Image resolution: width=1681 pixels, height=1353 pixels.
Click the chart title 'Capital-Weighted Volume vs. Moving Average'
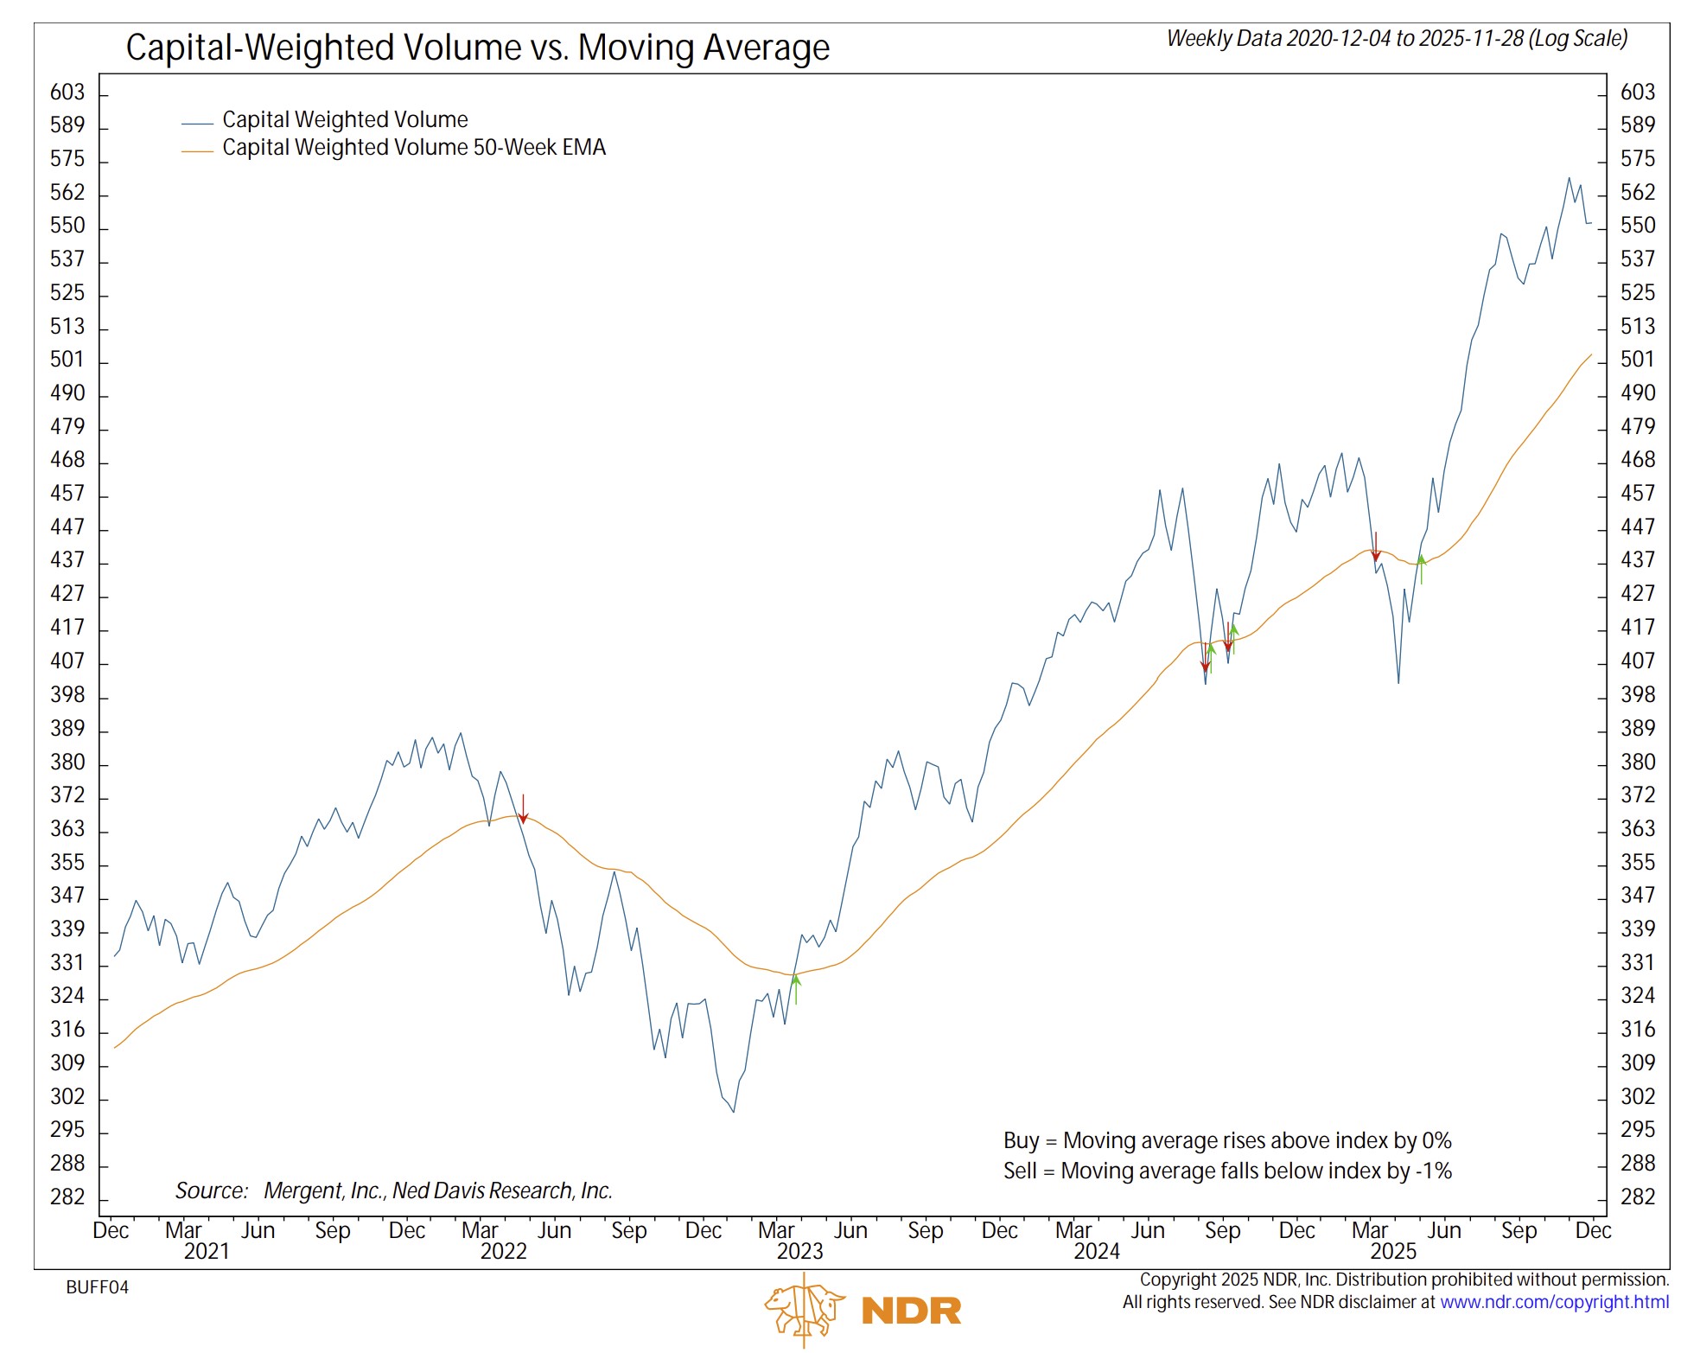pos(477,48)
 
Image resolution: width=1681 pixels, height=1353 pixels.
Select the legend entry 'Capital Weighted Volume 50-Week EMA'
pos(413,148)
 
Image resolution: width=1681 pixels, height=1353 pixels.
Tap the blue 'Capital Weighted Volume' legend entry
pos(344,119)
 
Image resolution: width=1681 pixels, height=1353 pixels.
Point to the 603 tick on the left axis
pos(67,93)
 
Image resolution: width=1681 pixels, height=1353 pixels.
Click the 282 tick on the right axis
pos(1637,1197)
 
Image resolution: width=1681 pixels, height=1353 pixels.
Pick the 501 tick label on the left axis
pos(67,360)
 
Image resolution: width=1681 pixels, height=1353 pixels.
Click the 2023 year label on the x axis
pos(799,1252)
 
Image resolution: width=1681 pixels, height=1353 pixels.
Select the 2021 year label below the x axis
pos(207,1252)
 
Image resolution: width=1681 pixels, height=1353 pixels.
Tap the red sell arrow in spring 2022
pos(523,809)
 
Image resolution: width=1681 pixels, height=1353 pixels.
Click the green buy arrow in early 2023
pos(796,988)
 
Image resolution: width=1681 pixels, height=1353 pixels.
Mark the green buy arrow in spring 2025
pos(1421,568)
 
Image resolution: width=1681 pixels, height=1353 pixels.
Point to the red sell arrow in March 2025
pos(1376,546)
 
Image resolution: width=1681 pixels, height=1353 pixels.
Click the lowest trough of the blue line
pos(734,1111)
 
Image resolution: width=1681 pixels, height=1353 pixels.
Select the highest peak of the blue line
pos(1569,178)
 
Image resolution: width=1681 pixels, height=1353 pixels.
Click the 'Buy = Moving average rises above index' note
pos(1226,1141)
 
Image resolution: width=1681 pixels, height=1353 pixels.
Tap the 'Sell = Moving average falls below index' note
pos(1226,1171)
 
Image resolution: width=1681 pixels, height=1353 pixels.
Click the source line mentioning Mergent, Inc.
pos(393,1191)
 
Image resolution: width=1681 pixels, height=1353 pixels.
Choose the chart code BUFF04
pos(97,1287)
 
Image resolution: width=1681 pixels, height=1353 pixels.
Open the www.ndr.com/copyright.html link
pos(1553,1302)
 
